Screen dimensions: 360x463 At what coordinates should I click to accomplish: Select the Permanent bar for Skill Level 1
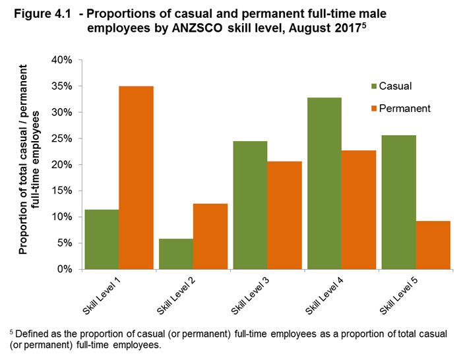pyautogui.click(x=136, y=177)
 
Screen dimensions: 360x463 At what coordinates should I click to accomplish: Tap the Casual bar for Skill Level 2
pyautogui.click(x=176, y=253)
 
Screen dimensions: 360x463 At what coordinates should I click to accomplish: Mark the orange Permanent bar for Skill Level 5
pyautogui.click(x=433, y=245)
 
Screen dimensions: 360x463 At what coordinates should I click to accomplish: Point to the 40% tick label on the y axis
pyautogui.click(x=61, y=60)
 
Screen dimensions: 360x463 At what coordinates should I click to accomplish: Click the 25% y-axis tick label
pyautogui.click(x=61, y=138)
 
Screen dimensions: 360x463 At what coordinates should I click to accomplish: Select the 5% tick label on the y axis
pyautogui.click(x=63, y=243)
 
